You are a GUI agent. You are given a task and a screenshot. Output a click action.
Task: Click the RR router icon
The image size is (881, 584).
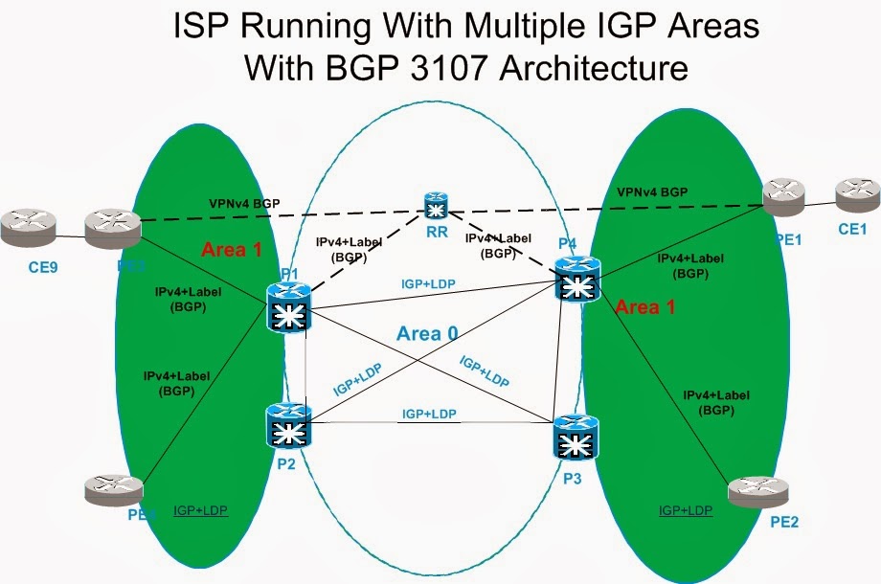[x=437, y=207]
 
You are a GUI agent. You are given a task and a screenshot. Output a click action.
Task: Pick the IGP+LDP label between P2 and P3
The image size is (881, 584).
[x=429, y=414]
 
